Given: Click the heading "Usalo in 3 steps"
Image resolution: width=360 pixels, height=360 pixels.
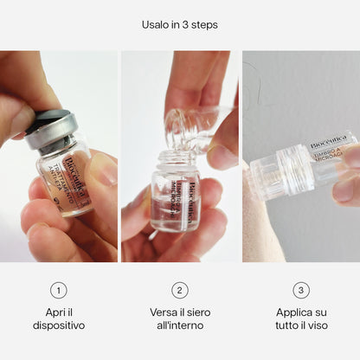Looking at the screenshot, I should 180,24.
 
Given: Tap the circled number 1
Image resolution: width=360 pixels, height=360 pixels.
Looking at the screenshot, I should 59,291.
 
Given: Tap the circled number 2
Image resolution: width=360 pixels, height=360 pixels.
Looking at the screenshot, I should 180,291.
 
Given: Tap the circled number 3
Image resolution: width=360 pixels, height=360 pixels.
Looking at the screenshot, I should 301,291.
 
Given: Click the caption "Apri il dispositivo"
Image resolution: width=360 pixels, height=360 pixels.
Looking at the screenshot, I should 59,319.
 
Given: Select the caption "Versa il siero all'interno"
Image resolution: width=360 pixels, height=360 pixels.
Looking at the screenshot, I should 180,319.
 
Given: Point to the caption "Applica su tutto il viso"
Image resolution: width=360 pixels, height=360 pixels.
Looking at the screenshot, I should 301,319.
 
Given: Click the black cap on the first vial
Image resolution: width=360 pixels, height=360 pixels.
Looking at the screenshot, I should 43,120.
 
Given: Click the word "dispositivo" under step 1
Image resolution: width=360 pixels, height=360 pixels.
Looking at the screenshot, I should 59,326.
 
